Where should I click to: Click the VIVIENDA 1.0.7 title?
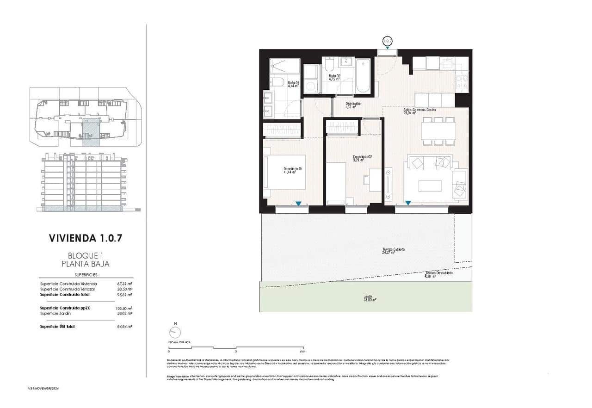point(86,238)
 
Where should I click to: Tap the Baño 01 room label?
point(293,84)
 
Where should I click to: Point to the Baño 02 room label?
point(334,77)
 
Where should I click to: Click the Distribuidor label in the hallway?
point(353,105)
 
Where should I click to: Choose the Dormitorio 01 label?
point(293,170)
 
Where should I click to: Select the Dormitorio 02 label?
point(362,158)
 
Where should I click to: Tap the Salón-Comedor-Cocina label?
point(419,111)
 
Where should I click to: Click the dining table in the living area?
point(438,131)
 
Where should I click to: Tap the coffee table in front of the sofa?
point(430,185)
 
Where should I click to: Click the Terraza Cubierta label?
point(393,251)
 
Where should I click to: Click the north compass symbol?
point(175,332)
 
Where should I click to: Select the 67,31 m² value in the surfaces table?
point(124,284)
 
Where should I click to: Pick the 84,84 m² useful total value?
point(124,327)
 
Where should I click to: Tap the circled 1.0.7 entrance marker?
point(387,41)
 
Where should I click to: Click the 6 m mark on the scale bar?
point(302,351)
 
